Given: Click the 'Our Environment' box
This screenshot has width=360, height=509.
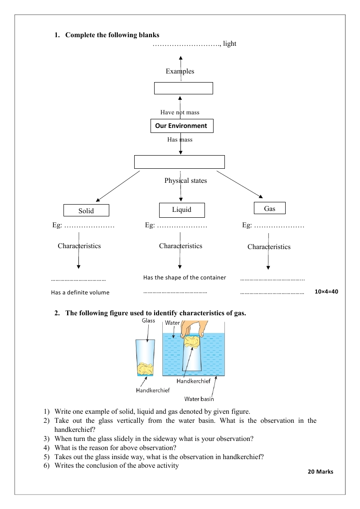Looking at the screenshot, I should tap(181, 126).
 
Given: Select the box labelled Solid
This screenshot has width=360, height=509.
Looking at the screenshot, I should tap(86, 210).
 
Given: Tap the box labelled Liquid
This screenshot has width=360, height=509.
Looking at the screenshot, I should tap(182, 210).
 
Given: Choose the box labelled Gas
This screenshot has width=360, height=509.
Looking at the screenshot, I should tap(270, 208).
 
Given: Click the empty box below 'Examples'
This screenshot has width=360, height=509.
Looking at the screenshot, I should tap(183, 88).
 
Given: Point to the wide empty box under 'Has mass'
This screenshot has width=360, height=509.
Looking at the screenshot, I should tap(180, 162).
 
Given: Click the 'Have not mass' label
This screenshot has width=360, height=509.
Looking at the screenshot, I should tap(180, 112).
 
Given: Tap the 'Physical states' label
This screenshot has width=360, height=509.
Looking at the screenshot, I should tap(185, 181).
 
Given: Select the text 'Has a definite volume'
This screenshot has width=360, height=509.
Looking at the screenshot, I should tap(80, 293).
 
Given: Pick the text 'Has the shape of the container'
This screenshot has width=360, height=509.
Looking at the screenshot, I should tap(185, 278).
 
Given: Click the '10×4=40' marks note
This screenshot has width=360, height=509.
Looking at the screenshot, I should tap(326, 292).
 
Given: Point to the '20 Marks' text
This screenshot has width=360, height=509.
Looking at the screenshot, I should tap(320, 472).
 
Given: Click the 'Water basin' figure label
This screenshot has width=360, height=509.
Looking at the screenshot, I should tap(199, 399).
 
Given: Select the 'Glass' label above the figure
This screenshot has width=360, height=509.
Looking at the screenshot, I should tap(148, 321).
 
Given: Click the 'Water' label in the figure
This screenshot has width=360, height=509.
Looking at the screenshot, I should tap(172, 323).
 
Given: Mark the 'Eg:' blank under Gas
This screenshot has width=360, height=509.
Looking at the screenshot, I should tap(273, 225).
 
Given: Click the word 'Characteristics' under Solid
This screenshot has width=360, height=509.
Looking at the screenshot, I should tap(79, 246).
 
